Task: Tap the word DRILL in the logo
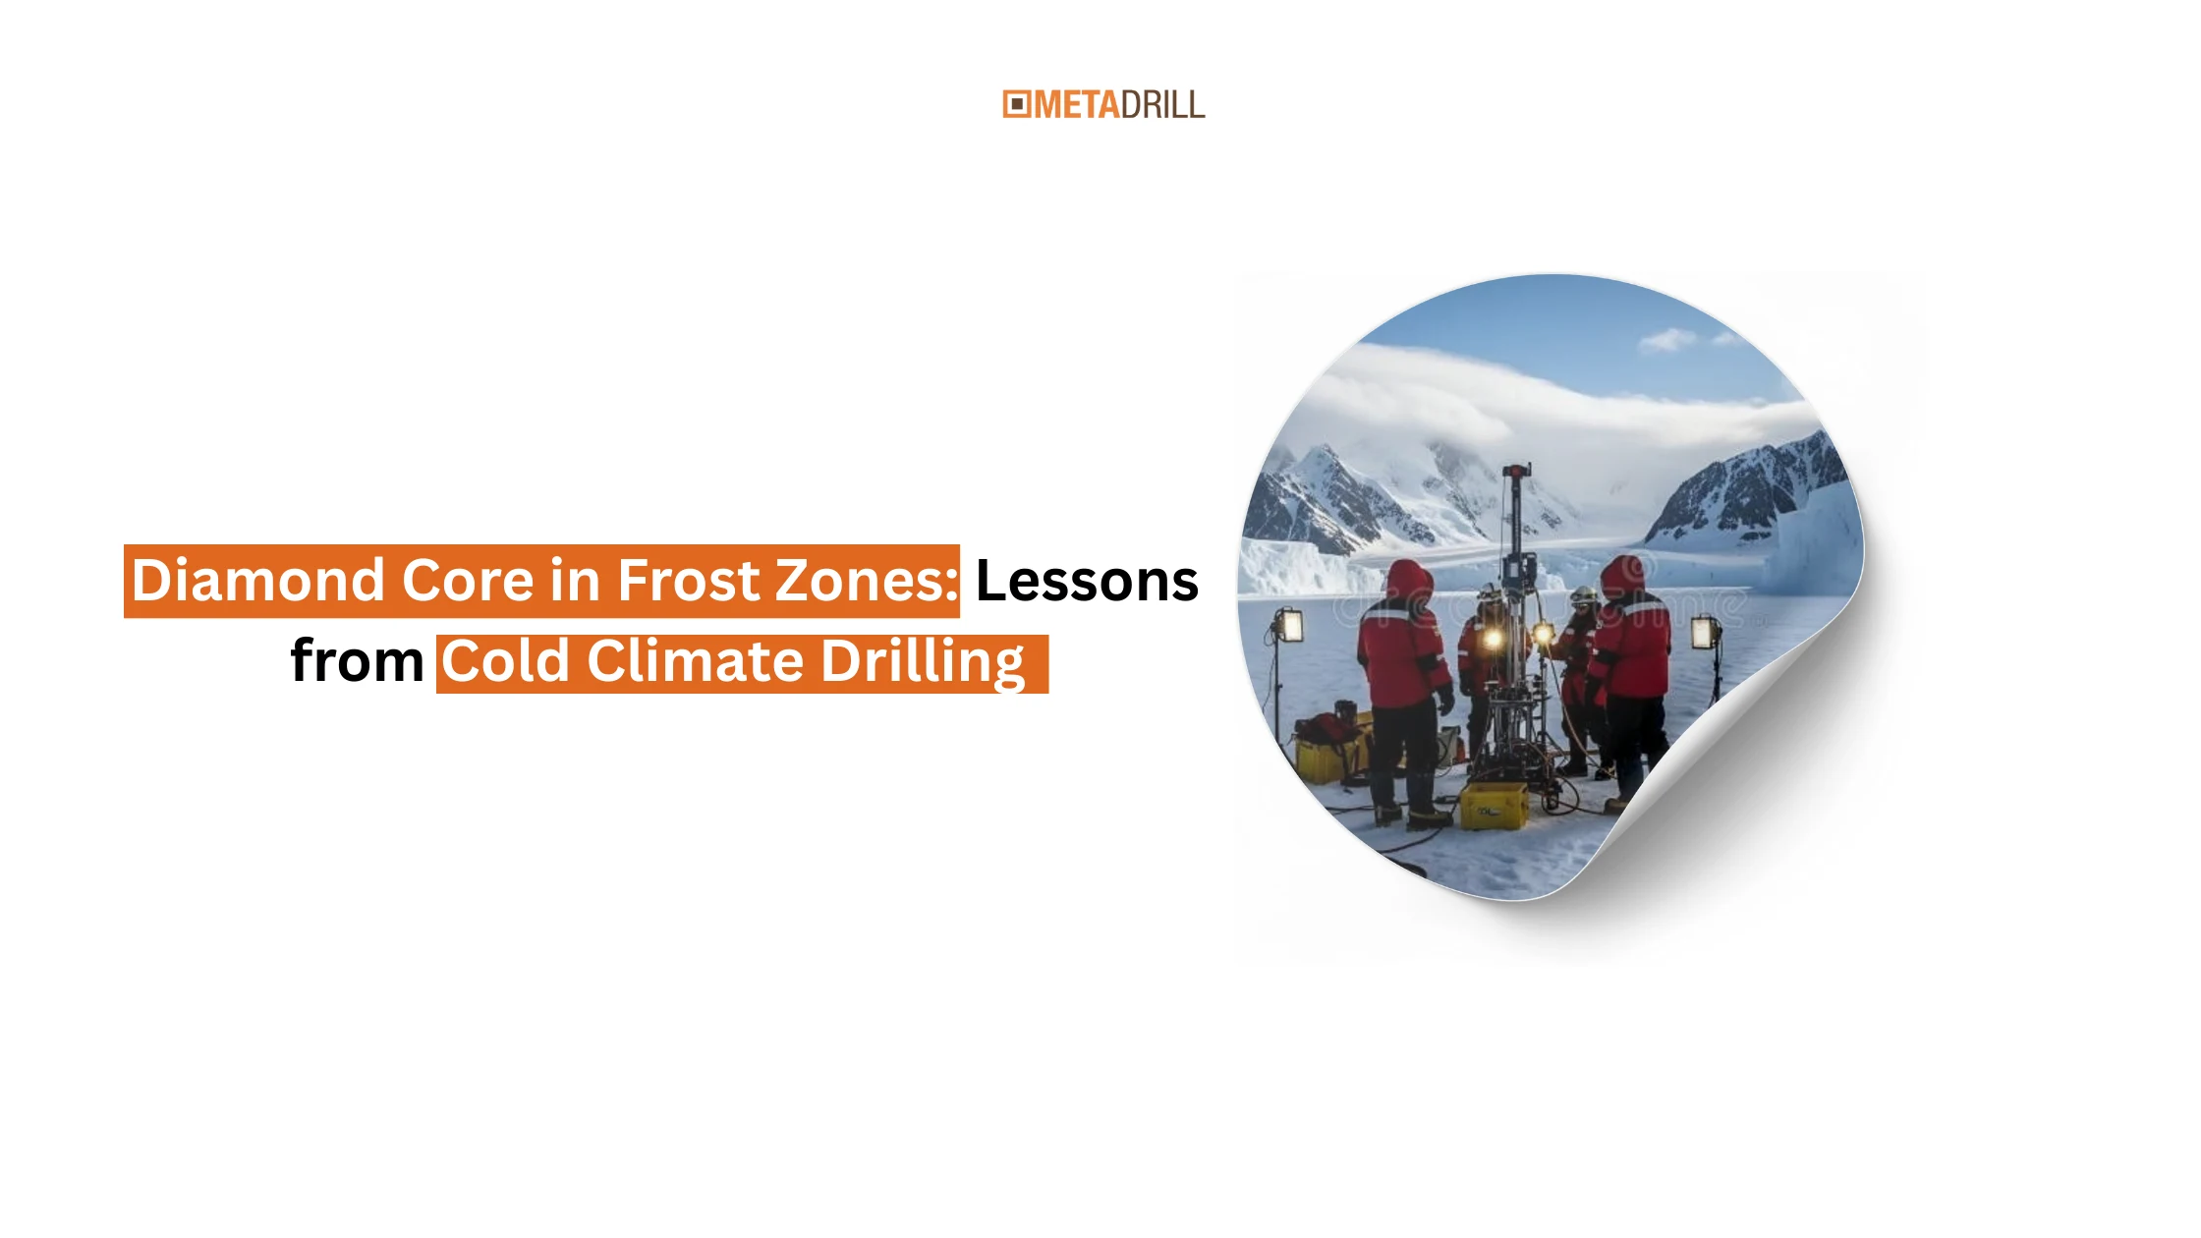point(1163,104)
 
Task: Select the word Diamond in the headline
point(258,580)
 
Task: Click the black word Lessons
point(1087,580)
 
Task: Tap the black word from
point(357,660)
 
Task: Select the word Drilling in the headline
point(923,662)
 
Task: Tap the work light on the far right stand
point(1705,633)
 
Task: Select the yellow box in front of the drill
point(1494,806)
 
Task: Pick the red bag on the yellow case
point(1326,729)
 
